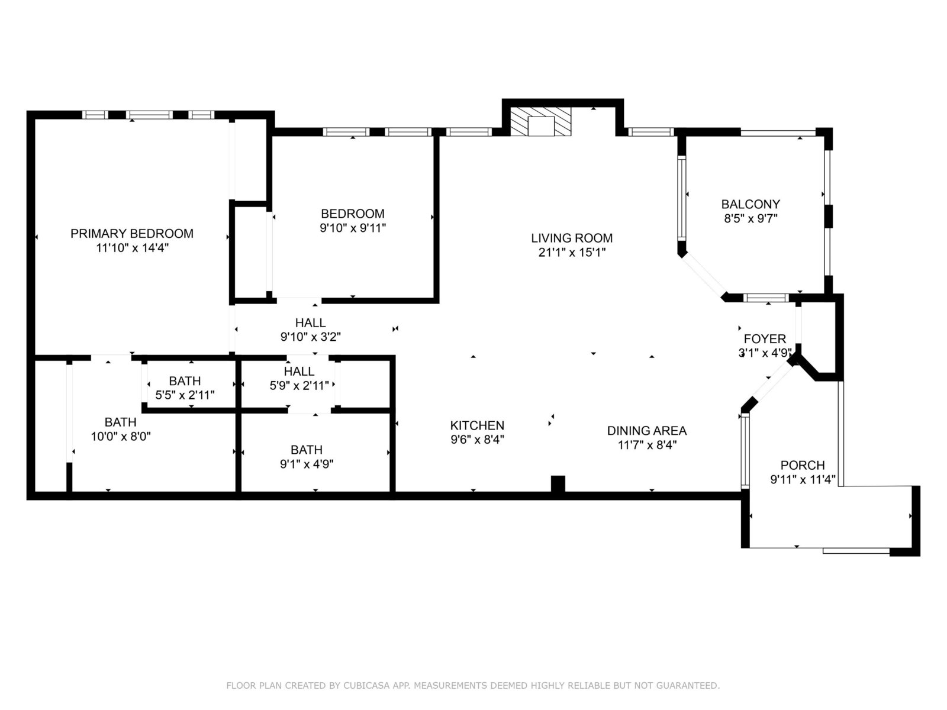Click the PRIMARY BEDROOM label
click(131, 234)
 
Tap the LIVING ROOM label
click(572, 238)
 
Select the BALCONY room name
click(750, 204)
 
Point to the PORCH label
click(803, 465)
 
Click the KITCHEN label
click(477, 425)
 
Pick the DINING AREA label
click(647, 431)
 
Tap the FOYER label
click(765, 339)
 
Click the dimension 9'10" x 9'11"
click(353, 228)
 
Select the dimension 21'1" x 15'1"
click(572, 252)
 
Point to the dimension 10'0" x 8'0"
click(121, 437)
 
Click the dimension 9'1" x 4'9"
click(307, 464)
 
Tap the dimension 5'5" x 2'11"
click(185, 395)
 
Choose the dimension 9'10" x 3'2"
click(311, 337)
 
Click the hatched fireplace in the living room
click(540, 121)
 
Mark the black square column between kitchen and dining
click(558, 483)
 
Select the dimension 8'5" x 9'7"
click(750, 218)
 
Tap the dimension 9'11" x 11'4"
click(803, 479)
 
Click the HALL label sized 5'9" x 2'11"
click(299, 371)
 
